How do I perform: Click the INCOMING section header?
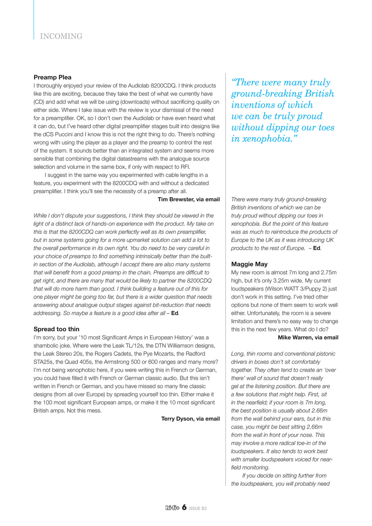click(61, 36)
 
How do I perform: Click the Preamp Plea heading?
click(52, 77)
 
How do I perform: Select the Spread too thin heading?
click(56, 329)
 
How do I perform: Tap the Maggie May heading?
click(249, 264)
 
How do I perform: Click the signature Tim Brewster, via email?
click(189, 199)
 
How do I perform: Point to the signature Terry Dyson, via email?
click(190, 418)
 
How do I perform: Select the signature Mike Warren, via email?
click(308, 337)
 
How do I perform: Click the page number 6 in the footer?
click(185, 508)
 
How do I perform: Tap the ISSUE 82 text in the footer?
click(199, 508)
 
